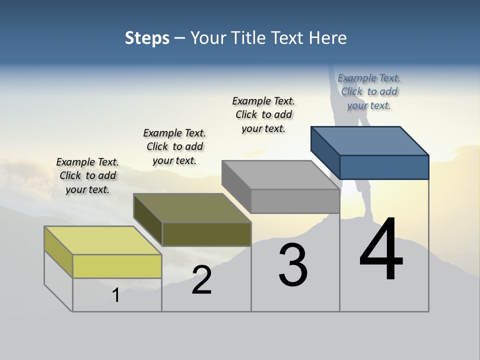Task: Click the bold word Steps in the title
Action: (x=147, y=38)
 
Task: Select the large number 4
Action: (x=381, y=250)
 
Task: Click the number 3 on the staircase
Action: (x=293, y=265)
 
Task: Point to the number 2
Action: (x=202, y=280)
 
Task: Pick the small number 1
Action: (x=116, y=295)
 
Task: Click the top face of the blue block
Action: (x=370, y=140)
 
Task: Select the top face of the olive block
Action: (x=192, y=207)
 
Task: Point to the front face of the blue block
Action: (x=384, y=167)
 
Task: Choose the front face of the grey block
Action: (x=295, y=201)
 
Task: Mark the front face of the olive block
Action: (x=206, y=234)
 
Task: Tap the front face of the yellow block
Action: (x=117, y=266)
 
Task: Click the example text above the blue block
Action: (x=369, y=91)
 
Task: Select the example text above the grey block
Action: (x=263, y=114)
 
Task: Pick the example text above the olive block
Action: (x=174, y=146)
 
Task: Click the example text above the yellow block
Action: (x=87, y=175)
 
